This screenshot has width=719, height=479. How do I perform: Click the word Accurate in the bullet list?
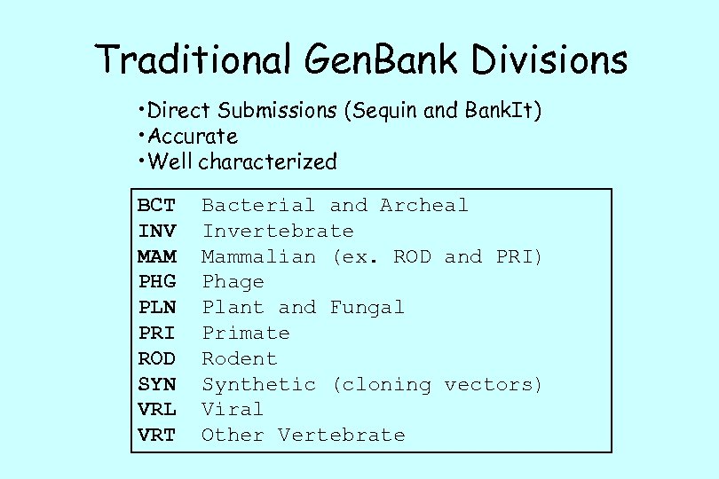point(193,137)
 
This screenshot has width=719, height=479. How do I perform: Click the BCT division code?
point(156,206)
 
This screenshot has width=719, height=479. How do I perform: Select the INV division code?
point(156,232)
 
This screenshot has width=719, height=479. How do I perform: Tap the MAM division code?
point(156,257)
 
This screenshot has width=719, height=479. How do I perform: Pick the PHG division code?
point(156,282)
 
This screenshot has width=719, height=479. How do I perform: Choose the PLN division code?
point(156,308)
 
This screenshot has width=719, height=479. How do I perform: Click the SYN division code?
point(156,385)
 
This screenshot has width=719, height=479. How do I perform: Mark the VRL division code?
point(156,410)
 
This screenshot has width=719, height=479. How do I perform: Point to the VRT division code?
point(156,436)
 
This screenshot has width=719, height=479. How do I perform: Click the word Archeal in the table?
point(423,206)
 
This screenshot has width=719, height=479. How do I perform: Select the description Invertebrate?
point(278,232)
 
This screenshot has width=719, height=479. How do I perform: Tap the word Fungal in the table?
point(367,308)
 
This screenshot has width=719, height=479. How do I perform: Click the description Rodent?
point(240,359)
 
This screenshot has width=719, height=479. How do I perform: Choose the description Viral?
point(233,410)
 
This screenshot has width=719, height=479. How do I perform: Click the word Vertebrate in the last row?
point(341,436)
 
